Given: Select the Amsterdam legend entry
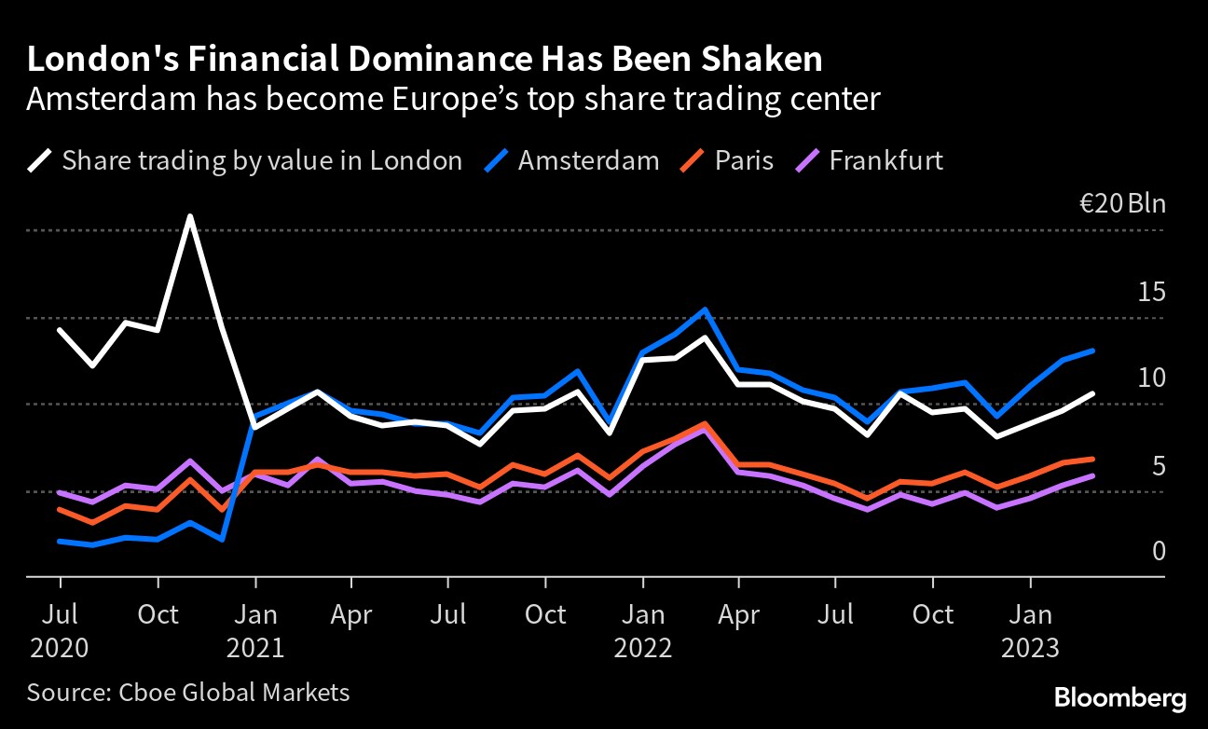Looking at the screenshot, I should point(588,160).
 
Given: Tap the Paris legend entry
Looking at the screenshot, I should point(744,160).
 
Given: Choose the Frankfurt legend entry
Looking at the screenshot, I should point(885,160).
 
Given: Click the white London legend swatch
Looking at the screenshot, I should point(40,160).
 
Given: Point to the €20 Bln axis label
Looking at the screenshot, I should point(1121,203).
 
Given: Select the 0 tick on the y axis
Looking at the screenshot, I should point(1159,552).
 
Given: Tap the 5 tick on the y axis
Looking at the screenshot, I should point(1159,465).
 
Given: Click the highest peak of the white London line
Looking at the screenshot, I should point(190,217).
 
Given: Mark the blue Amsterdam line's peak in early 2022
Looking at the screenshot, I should point(705,309).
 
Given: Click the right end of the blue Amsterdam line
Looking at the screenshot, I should point(1092,351).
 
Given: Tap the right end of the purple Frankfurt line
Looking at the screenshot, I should point(1092,475).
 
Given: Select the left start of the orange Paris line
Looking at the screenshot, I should point(60,509).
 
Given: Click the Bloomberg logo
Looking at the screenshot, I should point(1119,697).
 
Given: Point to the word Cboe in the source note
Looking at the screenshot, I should point(144,692).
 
